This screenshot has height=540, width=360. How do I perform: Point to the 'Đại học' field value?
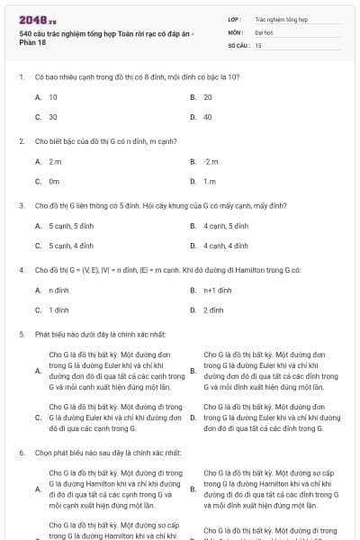264,31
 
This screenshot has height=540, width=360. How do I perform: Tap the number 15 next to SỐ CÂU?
258,44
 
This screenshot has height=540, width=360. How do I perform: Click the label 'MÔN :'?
236,31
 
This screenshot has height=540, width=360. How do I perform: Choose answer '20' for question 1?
208,96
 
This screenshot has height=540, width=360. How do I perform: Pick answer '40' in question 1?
208,116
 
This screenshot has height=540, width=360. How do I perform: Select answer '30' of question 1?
53,116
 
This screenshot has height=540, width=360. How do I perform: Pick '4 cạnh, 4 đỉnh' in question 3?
226,245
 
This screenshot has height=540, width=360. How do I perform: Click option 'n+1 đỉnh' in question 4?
218,290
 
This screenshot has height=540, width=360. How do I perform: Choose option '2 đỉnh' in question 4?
213,310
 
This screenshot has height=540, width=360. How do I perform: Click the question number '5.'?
21,334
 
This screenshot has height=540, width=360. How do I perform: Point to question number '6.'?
21,451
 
